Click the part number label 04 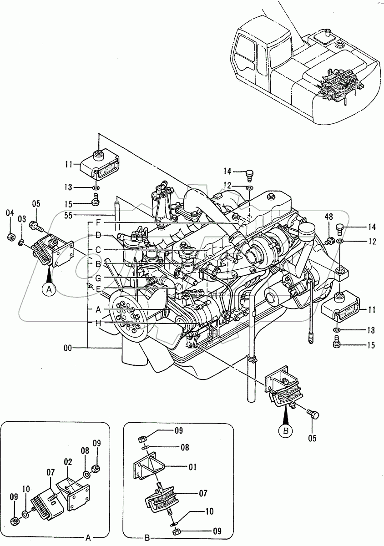point(10,212)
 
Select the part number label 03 point(21,220)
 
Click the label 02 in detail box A point(68,462)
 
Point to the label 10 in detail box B point(209,511)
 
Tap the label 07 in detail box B point(203,493)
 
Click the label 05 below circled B point(312,439)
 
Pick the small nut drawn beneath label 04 point(10,237)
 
